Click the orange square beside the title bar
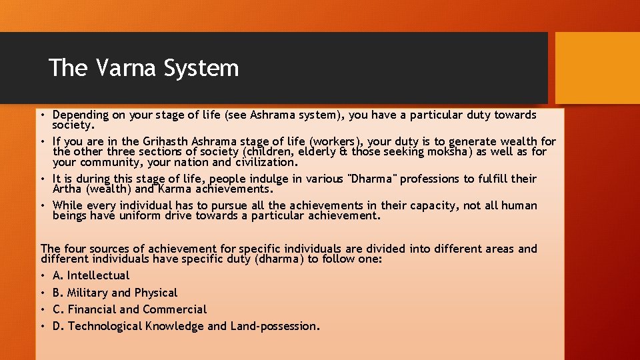pos(597,68)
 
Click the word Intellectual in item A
pos(98,275)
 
